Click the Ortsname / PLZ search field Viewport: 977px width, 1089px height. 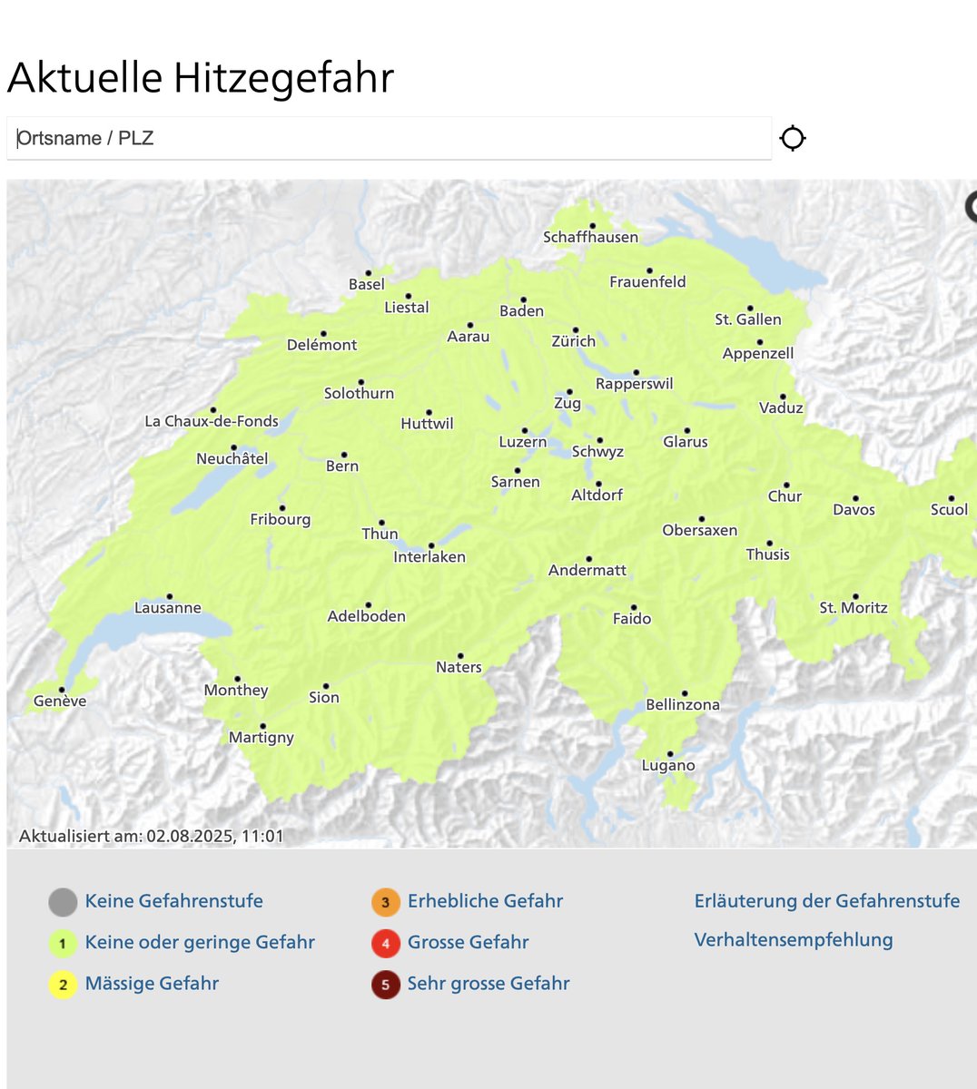click(x=389, y=138)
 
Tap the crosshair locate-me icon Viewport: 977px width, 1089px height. click(x=793, y=138)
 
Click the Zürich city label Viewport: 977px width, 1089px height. click(x=574, y=342)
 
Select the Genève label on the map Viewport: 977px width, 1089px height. click(x=60, y=701)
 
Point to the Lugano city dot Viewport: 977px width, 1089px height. click(x=670, y=754)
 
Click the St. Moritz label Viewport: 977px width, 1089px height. click(x=853, y=608)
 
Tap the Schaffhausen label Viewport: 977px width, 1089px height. click(x=590, y=238)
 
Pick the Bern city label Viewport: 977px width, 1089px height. click(x=342, y=466)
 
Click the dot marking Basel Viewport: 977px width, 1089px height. click(x=369, y=272)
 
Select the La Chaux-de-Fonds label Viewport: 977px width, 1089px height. click(x=212, y=422)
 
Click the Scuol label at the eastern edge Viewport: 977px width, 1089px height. click(x=949, y=510)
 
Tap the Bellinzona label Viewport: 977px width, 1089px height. click(x=682, y=705)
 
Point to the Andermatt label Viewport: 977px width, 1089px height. click(x=587, y=571)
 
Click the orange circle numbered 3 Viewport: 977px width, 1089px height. click(x=386, y=902)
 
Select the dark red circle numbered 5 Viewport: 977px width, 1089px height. click(x=386, y=985)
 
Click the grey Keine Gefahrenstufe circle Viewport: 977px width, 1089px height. click(x=63, y=902)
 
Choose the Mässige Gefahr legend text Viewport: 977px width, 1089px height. click(x=152, y=984)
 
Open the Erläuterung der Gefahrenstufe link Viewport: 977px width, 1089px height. click(x=826, y=901)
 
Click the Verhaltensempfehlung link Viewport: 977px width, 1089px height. click(x=793, y=940)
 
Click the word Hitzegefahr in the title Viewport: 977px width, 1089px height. click(x=283, y=78)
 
